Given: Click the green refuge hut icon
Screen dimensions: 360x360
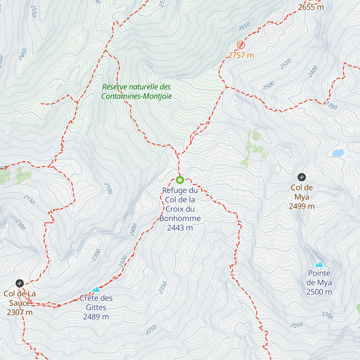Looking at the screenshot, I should point(180,180).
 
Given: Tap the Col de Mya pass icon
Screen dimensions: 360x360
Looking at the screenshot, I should point(301,177).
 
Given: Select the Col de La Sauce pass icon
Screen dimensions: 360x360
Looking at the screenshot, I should point(19,283).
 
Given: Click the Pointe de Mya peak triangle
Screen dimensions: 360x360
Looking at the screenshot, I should point(319,264).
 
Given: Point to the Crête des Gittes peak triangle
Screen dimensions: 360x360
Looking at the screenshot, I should point(96,289).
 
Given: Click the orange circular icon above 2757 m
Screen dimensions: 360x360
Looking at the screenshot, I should point(241,45).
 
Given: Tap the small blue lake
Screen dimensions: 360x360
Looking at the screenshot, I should point(338,153).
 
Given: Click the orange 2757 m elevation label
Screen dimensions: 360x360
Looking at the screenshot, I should point(241,55).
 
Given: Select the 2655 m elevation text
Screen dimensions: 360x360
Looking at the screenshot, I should point(311,7).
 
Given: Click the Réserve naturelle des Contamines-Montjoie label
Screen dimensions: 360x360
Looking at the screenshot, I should point(136,91).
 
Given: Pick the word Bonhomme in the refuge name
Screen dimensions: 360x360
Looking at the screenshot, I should point(180,218).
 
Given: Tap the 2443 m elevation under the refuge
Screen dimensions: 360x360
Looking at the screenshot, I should point(180,228).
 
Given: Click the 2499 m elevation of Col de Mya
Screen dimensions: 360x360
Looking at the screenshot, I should point(302,206).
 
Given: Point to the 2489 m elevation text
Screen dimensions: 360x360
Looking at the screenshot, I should point(96,317).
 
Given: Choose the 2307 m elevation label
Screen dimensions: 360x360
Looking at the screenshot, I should point(20,312).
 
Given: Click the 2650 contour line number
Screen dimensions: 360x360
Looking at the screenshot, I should point(244,26).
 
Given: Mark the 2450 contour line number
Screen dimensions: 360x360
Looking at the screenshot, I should point(23,54).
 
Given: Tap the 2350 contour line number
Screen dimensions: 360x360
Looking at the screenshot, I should point(163,288).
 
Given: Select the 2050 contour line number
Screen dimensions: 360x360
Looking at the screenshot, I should point(296,325).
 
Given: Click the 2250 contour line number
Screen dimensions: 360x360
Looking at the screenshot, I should point(151,330).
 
